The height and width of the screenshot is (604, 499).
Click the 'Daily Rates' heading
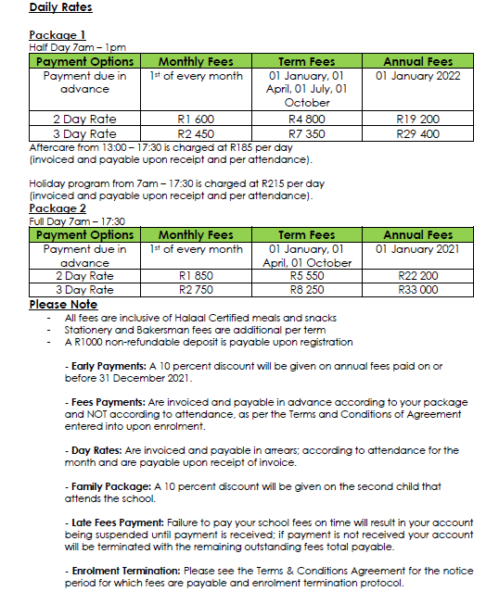(60, 8)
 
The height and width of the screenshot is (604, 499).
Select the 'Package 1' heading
(58, 36)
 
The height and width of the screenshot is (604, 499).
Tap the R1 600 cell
(196, 120)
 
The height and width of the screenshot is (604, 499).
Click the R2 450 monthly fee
(196, 133)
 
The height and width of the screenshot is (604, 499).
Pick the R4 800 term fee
(307, 120)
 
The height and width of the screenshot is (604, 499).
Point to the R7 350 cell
(307, 133)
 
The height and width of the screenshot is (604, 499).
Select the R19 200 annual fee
(417, 120)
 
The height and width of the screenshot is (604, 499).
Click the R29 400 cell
(417, 133)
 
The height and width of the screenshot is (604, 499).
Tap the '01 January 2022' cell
(417, 76)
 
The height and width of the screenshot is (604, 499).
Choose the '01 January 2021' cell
(417, 249)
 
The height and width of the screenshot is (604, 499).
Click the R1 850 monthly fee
(196, 276)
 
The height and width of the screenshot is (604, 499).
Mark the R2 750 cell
(196, 290)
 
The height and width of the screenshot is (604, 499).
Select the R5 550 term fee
(307, 276)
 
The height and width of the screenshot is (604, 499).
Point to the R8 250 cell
(307, 290)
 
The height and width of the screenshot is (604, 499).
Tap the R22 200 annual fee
(417, 276)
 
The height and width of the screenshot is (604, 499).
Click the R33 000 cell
(417, 290)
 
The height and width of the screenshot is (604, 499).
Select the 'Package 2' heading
(58, 209)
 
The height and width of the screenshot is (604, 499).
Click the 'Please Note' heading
(63, 305)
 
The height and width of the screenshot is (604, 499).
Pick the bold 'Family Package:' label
(105, 485)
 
